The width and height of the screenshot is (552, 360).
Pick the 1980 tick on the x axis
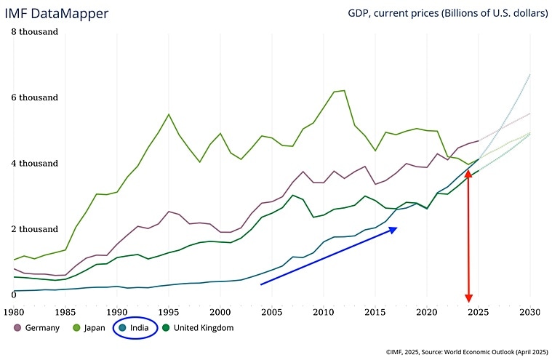[x=15, y=312]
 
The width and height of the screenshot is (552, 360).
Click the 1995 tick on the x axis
[x=169, y=312]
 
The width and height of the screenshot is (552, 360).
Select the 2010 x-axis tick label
[x=323, y=312]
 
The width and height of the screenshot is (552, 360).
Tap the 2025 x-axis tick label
[x=478, y=312]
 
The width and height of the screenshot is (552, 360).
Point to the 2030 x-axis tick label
[x=529, y=312]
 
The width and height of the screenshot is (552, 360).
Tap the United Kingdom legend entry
[x=197, y=328]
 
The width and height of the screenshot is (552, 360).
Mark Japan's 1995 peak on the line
[x=169, y=114]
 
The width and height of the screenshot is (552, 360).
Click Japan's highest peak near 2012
[x=343, y=90]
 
